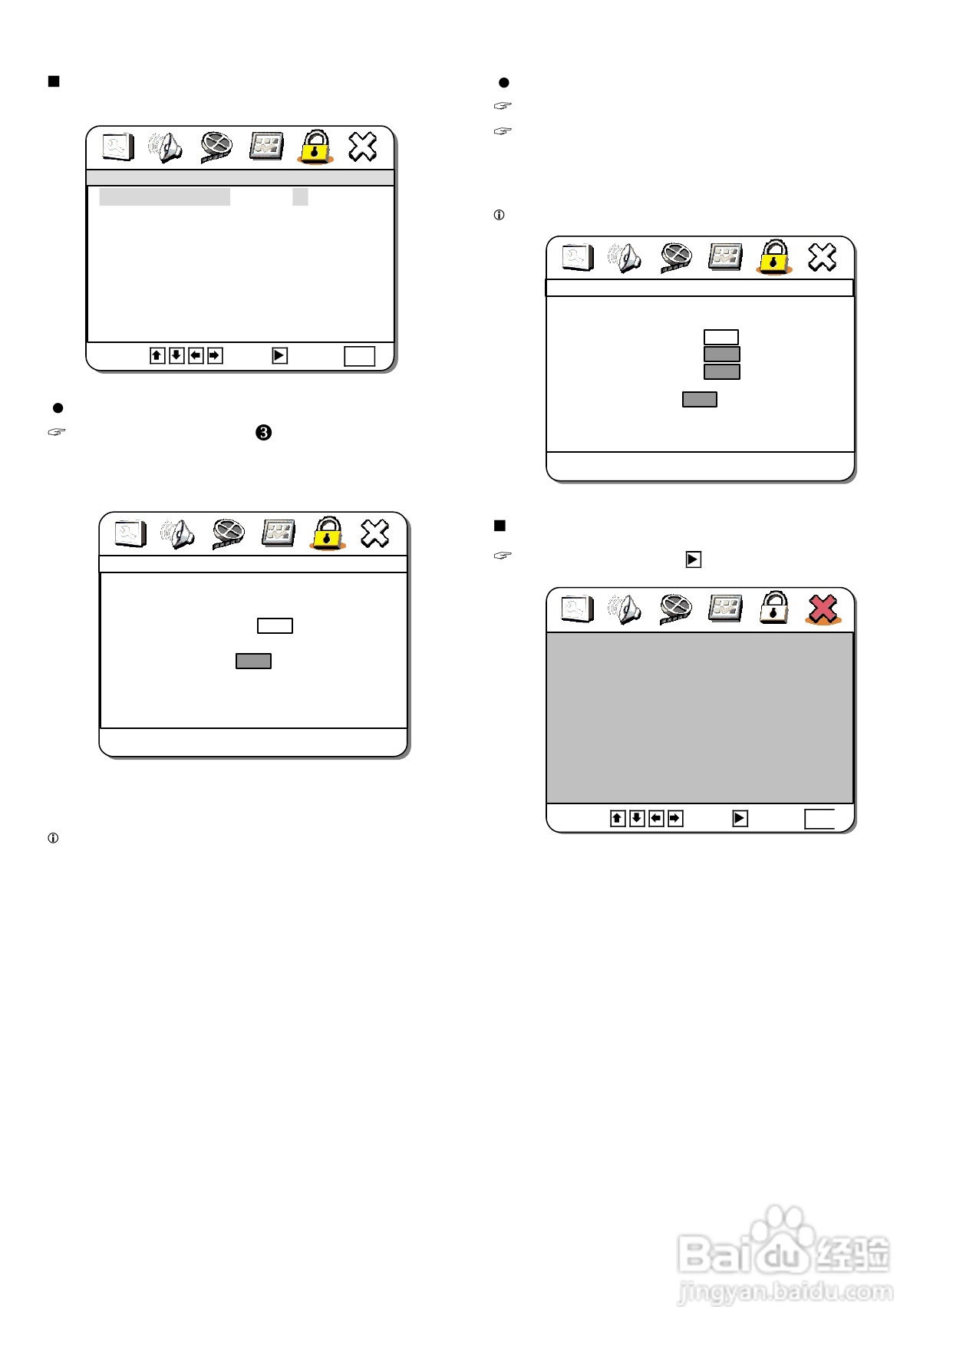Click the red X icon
click(x=822, y=609)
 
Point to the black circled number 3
click(x=263, y=433)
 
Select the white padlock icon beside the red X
click(x=773, y=608)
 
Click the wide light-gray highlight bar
click(x=164, y=196)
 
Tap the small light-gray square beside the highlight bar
click(x=300, y=196)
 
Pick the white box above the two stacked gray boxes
click(x=721, y=337)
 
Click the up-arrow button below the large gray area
click(x=618, y=818)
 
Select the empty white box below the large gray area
click(x=819, y=819)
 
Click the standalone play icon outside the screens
click(x=693, y=559)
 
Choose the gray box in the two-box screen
click(x=253, y=661)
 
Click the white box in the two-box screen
click(x=275, y=625)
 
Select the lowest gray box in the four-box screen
click(x=700, y=399)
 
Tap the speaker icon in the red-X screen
click(x=625, y=609)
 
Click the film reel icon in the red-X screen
click(x=675, y=609)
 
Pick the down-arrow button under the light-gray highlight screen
click(x=176, y=355)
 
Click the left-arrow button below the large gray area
click(x=656, y=818)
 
